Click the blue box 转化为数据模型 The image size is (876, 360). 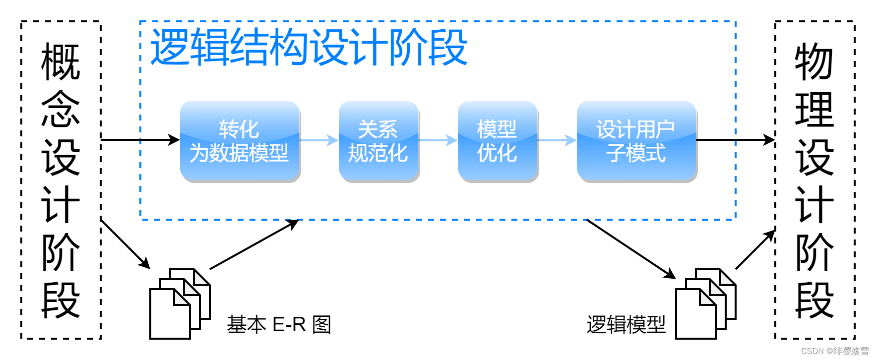coord(240,141)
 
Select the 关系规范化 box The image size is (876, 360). coord(378,141)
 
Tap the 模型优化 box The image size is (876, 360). coord(498,141)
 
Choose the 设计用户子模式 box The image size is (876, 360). coord(636,141)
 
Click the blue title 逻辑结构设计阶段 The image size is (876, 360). coord(309,47)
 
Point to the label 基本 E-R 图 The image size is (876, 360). coord(279,325)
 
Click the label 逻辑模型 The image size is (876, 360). coord(626,325)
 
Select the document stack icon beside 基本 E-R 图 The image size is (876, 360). coord(180,303)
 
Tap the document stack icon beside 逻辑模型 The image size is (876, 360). coord(706,303)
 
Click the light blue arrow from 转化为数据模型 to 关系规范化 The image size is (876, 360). coord(319,140)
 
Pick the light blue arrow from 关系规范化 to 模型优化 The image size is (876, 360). coord(438,140)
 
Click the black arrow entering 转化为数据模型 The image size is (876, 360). coord(140,140)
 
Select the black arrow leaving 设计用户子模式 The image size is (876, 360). coord(736,140)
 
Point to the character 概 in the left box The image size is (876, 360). coord(61,62)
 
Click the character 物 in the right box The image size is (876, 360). coord(814,62)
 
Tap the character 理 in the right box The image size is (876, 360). coord(814,110)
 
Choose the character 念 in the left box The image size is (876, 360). coord(61,110)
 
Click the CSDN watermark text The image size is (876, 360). coord(835,351)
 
